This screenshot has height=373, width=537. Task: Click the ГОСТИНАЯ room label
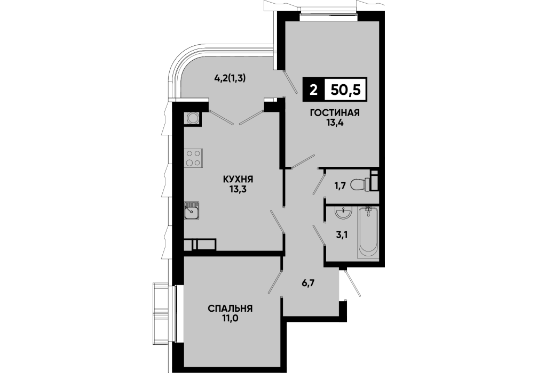335,113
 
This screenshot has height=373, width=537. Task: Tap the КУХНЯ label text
238,179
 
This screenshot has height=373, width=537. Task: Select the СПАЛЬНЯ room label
230,309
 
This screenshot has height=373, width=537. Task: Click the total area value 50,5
345,91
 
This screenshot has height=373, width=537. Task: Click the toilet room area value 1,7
340,185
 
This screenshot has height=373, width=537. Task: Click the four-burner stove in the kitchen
193,159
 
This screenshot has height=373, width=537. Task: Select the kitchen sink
192,210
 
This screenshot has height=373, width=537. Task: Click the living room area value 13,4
335,123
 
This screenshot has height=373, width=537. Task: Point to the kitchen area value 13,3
238,189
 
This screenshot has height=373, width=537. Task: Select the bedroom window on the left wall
175,314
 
